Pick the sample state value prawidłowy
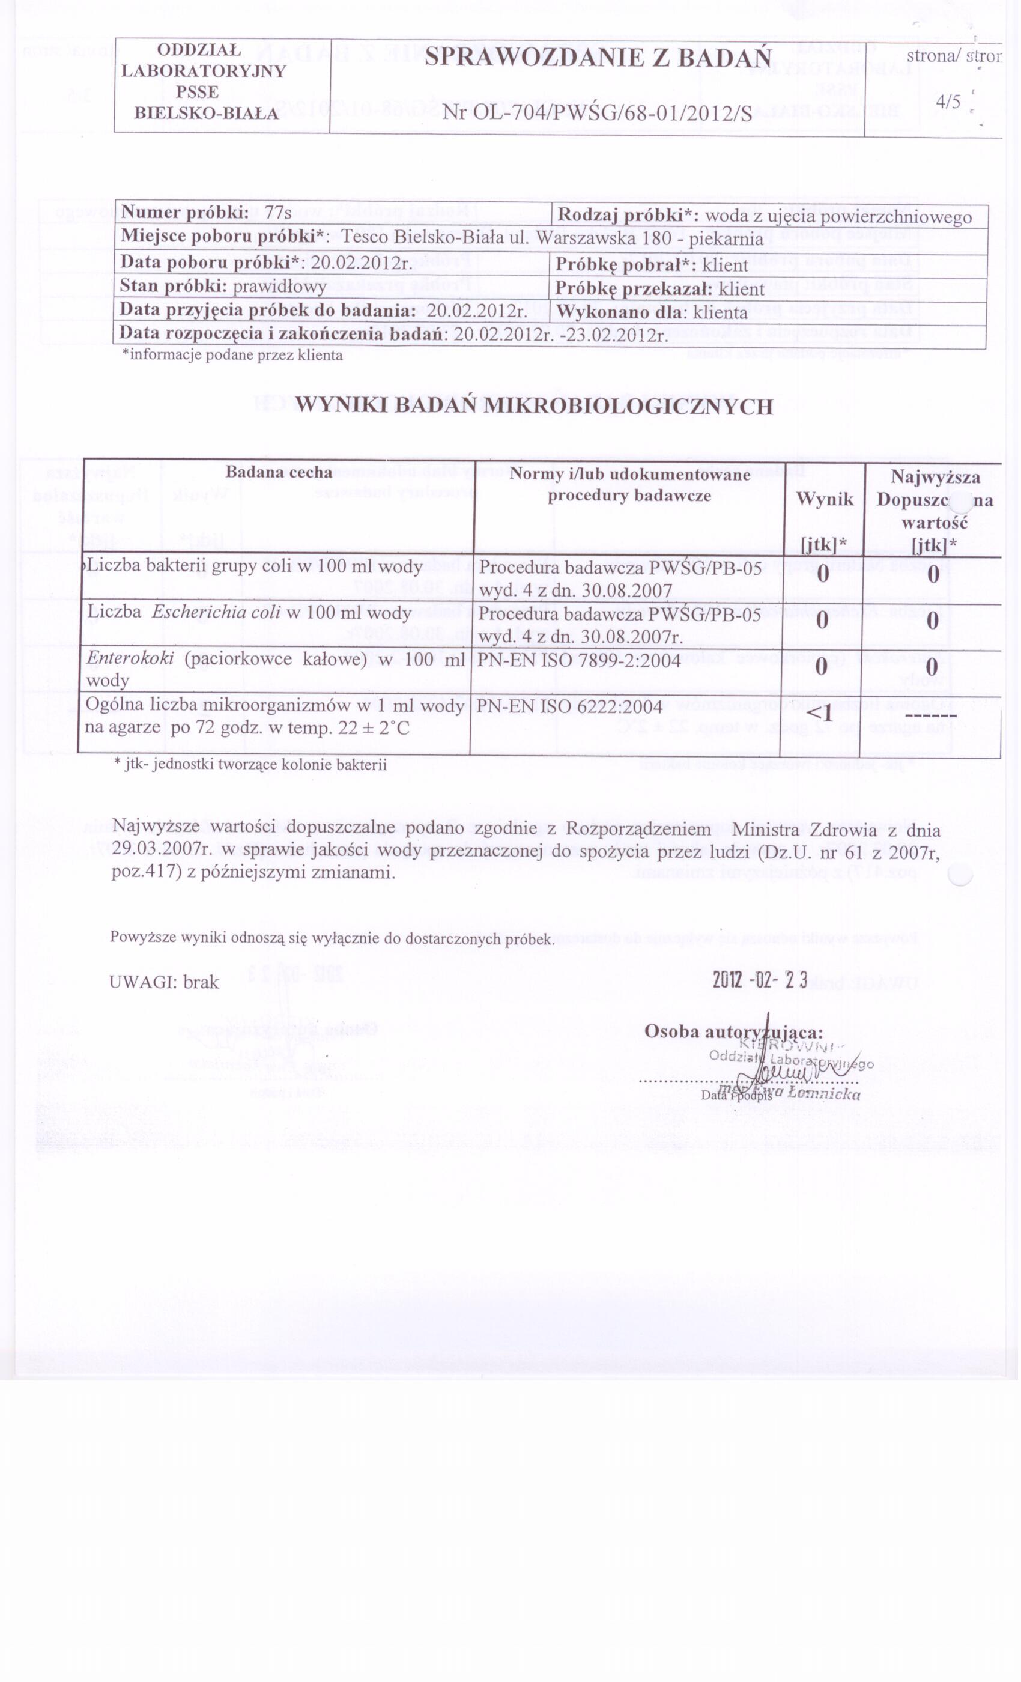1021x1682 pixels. pos(279,286)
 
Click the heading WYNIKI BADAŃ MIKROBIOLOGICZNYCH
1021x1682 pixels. pos(534,407)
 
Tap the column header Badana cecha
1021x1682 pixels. pos(279,472)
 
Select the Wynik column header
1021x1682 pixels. pos(825,499)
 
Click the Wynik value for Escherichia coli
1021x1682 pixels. pos(822,621)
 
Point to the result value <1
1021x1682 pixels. pos(820,714)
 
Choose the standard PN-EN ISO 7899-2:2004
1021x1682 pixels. pos(579,660)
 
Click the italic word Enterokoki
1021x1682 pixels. pos(130,659)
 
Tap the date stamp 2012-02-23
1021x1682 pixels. pos(760,981)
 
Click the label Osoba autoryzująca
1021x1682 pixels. pos(734,1031)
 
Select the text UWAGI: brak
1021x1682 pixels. pos(164,982)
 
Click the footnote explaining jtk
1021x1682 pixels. pos(250,764)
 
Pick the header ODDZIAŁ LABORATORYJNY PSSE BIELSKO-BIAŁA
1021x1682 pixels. pos(204,81)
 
